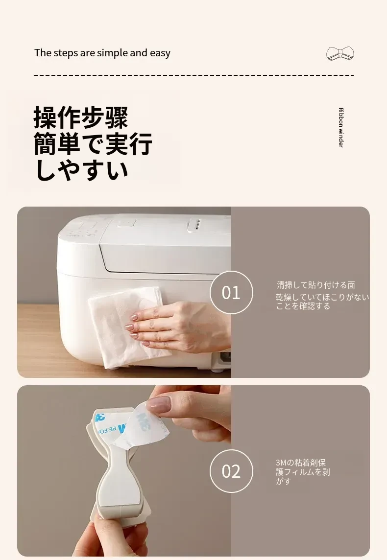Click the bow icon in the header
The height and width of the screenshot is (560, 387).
[x=340, y=53]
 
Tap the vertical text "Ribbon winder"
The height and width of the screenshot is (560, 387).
[x=340, y=127]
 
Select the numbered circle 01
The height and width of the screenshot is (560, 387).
[x=231, y=293]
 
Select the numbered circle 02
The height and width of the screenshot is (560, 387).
[x=231, y=471]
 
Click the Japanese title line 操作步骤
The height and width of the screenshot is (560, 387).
[x=81, y=117]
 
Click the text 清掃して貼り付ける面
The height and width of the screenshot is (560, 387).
[x=316, y=285]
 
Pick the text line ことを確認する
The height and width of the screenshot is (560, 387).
[x=303, y=306]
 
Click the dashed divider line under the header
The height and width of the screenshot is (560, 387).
[x=193, y=75]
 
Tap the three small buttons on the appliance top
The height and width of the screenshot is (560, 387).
[x=195, y=225]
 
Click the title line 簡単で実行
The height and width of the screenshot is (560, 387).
[x=93, y=143]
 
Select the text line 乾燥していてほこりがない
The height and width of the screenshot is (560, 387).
[x=322, y=297]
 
